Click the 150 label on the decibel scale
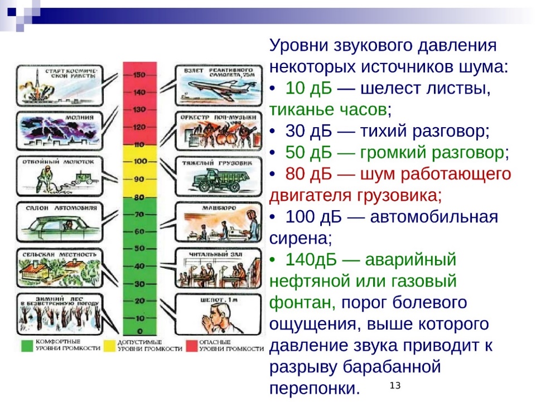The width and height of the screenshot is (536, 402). [x=139, y=75]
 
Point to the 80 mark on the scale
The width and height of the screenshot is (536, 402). [x=139, y=197]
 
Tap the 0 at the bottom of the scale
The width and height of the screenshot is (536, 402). [x=140, y=331]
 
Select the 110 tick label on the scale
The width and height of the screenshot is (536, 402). [x=139, y=144]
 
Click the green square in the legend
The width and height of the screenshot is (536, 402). [x=27, y=346]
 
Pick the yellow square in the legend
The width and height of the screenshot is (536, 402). [x=109, y=346]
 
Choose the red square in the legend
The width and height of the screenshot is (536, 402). [x=191, y=346]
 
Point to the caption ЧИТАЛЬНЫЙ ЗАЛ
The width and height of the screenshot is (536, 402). [x=216, y=254]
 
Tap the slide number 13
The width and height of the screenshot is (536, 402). [x=395, y=386]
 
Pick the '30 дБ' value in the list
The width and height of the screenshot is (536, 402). [x=308, y=131]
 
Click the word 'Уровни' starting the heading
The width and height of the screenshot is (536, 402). [x=298, y=46]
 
